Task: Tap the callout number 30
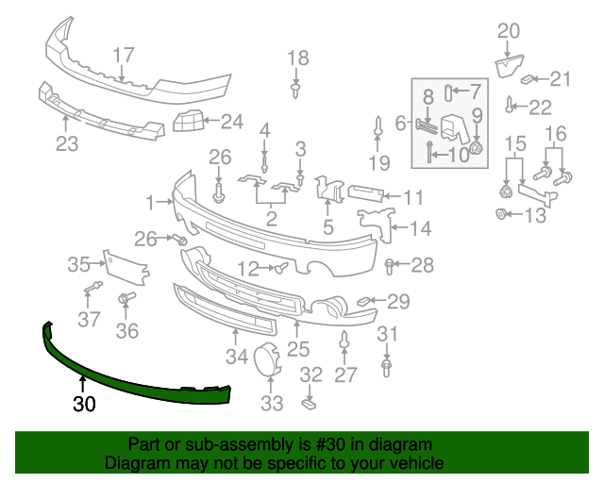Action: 84,405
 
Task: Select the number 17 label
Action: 124,56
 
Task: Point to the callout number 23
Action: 66,143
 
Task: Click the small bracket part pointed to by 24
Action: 190,121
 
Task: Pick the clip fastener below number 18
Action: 297,90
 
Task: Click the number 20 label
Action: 508,31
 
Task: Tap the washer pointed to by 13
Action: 501,214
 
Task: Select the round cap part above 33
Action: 267,360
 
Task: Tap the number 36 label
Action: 126,330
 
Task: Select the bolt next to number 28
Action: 391,264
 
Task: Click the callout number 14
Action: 420,227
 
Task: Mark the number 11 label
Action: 413,197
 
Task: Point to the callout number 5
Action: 327,226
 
